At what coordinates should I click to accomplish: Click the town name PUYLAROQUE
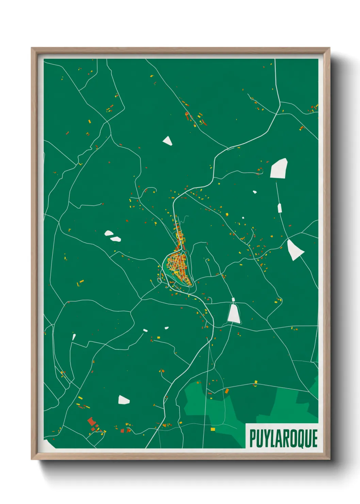click(283, 438)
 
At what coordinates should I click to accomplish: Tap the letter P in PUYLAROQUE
click(253, 438)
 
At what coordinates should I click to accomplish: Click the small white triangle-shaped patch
click(167, 141)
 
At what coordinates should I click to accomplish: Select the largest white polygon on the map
click(279, 169)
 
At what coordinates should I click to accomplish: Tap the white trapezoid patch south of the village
click(234, 314)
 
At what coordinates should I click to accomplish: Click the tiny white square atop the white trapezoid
click(233, 300)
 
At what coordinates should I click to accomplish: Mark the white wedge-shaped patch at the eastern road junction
click(294, 250)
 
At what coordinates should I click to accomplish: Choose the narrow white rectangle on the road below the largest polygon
click(280, 208)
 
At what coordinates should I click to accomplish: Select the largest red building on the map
click(91, 422)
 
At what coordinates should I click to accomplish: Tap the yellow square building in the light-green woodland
click(213, 429)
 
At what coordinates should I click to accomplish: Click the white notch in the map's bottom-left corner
click(49, 443)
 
